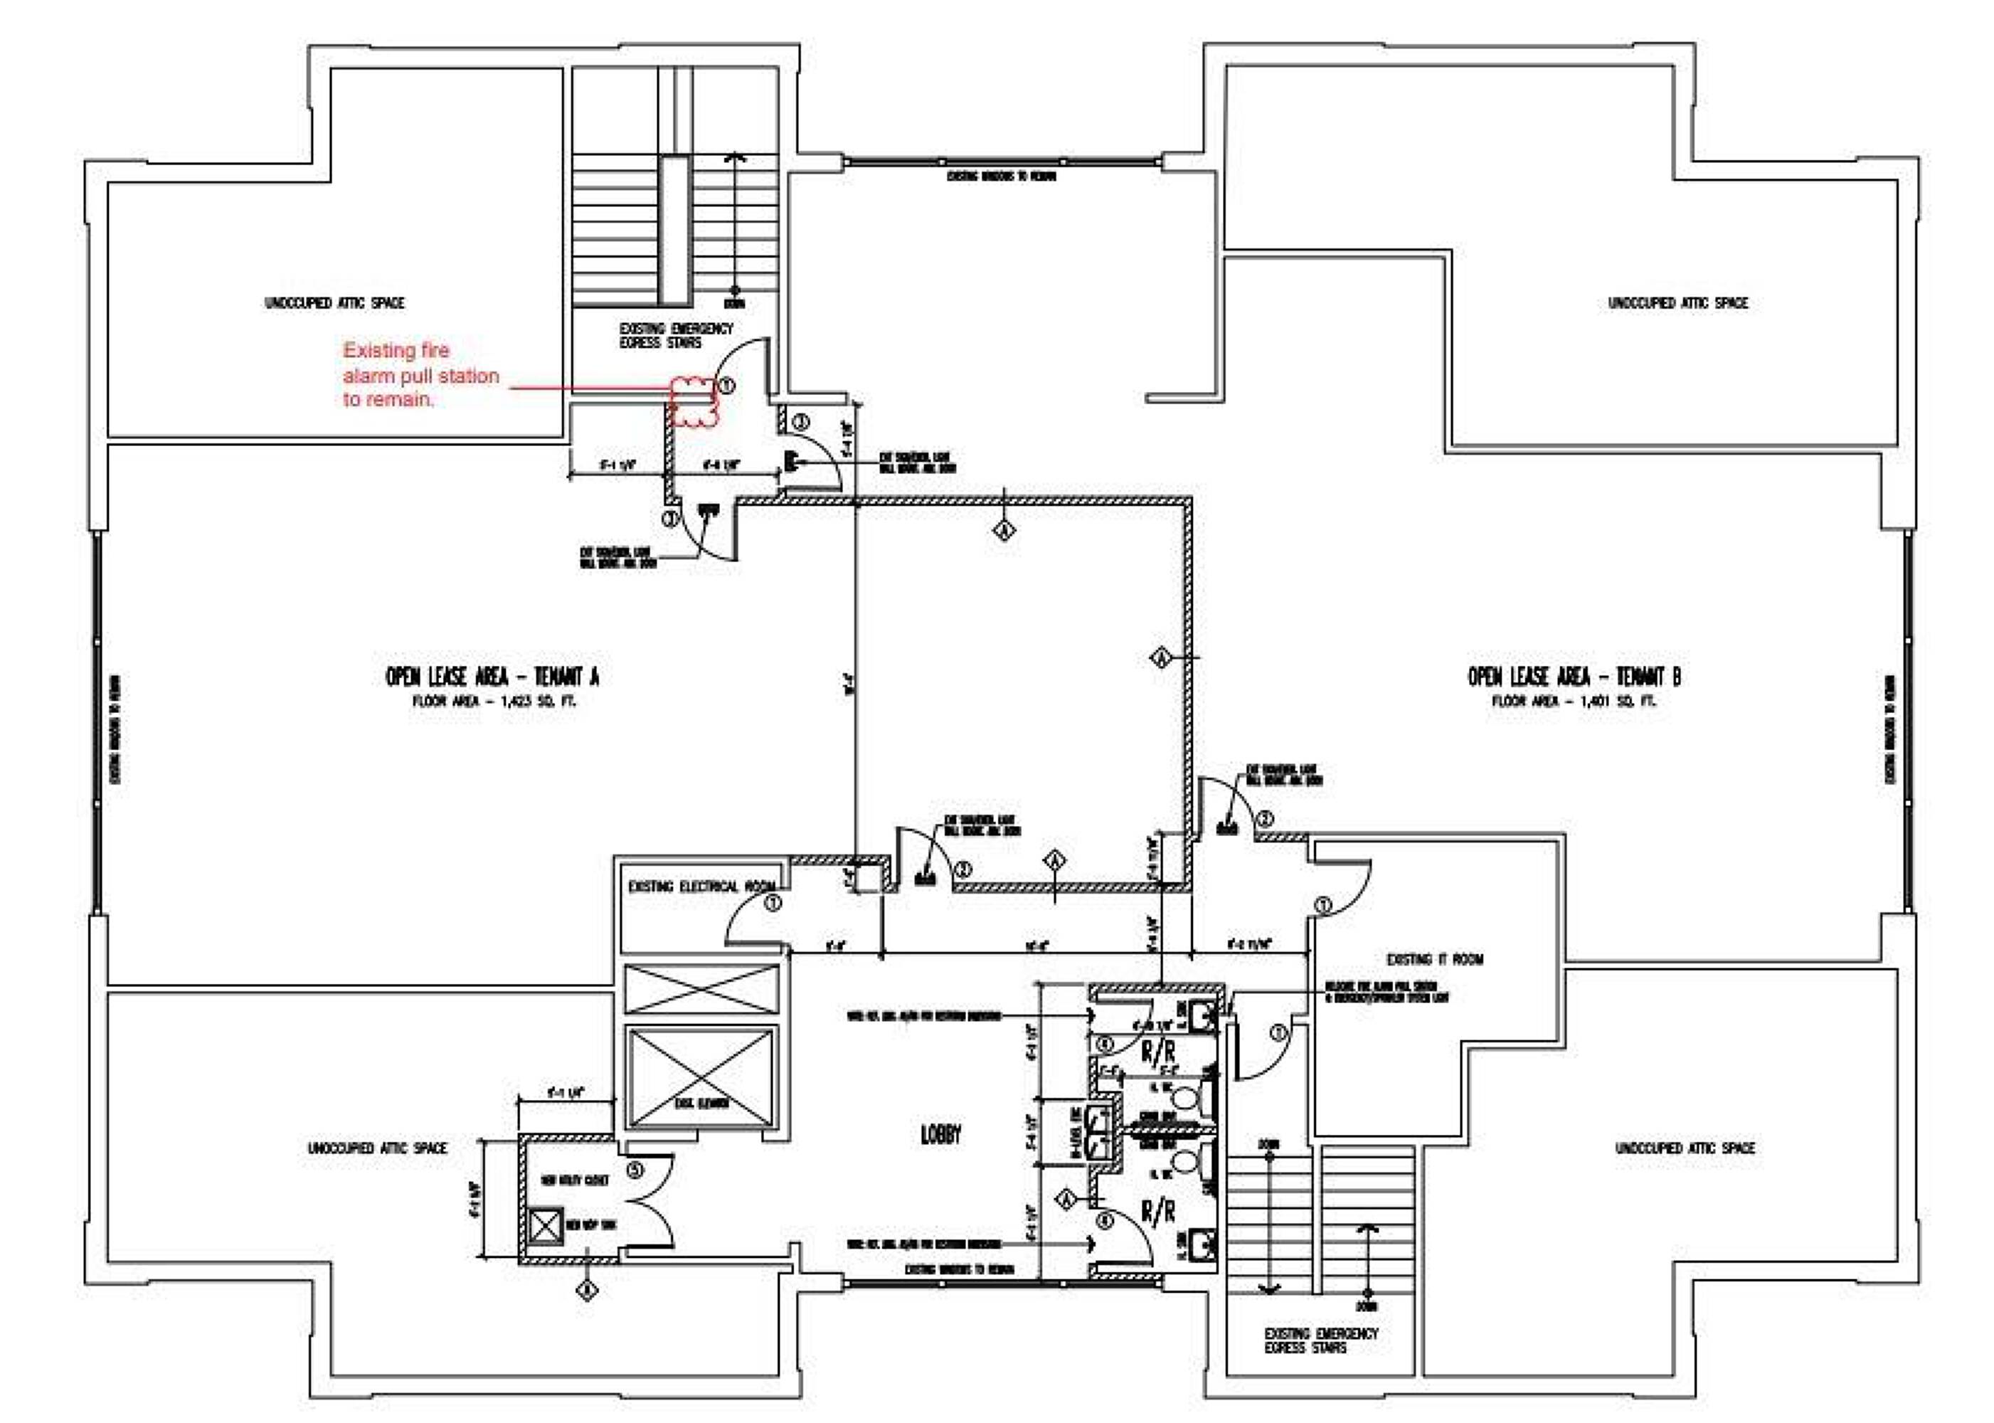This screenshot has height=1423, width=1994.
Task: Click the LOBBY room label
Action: coord(940,1135)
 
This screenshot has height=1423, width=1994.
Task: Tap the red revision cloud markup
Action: coord(694,401)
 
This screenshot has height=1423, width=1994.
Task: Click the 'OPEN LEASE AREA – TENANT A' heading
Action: coord(492,677)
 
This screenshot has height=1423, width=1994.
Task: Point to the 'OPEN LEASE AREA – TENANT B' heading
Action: coord(1574,677)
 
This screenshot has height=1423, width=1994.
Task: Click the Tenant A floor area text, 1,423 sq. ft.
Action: coord(494,701)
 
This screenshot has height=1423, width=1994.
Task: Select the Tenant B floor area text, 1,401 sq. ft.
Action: coord(1574,701)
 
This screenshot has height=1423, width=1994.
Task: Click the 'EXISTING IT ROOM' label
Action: coord(1434,958)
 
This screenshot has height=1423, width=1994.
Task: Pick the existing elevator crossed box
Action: coord(701,1077)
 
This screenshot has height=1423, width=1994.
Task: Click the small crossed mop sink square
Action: coord(546,1226)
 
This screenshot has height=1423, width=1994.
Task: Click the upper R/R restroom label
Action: coord(1157,1052)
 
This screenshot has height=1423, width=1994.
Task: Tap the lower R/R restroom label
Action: coord(1157,1212)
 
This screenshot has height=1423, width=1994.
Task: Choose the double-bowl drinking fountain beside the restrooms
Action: coord(1096,1132)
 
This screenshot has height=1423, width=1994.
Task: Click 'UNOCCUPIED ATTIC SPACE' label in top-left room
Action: coord(334,303)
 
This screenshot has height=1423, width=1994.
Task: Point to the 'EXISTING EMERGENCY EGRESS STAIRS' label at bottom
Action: coord(1320,1340)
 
